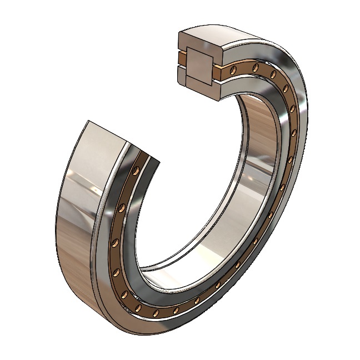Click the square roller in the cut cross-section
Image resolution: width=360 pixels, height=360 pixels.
[199, 66]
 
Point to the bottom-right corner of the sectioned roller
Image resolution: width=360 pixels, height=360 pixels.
[212, 84]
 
